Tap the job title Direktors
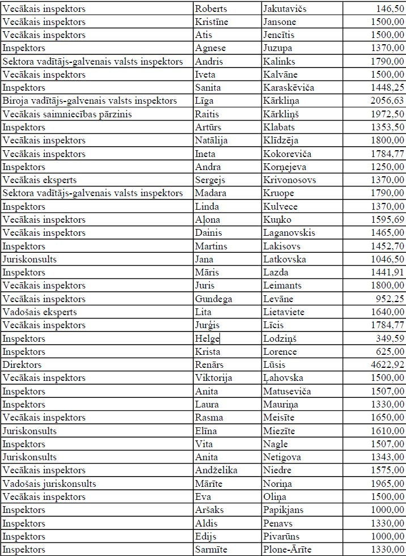tap(22, 365)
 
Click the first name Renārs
tap(210, 365)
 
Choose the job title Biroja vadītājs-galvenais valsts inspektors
tap(90, 101)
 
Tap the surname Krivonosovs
tap(290, 180)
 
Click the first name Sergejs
tap(210, 180)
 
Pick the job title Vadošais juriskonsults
tap(49, 483)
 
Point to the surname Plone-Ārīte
tap(287, 549)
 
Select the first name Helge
tap(207, 338)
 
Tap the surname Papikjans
tap(284, 510)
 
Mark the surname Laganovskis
tap(289, 233)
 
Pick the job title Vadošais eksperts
tap(40, 312)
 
